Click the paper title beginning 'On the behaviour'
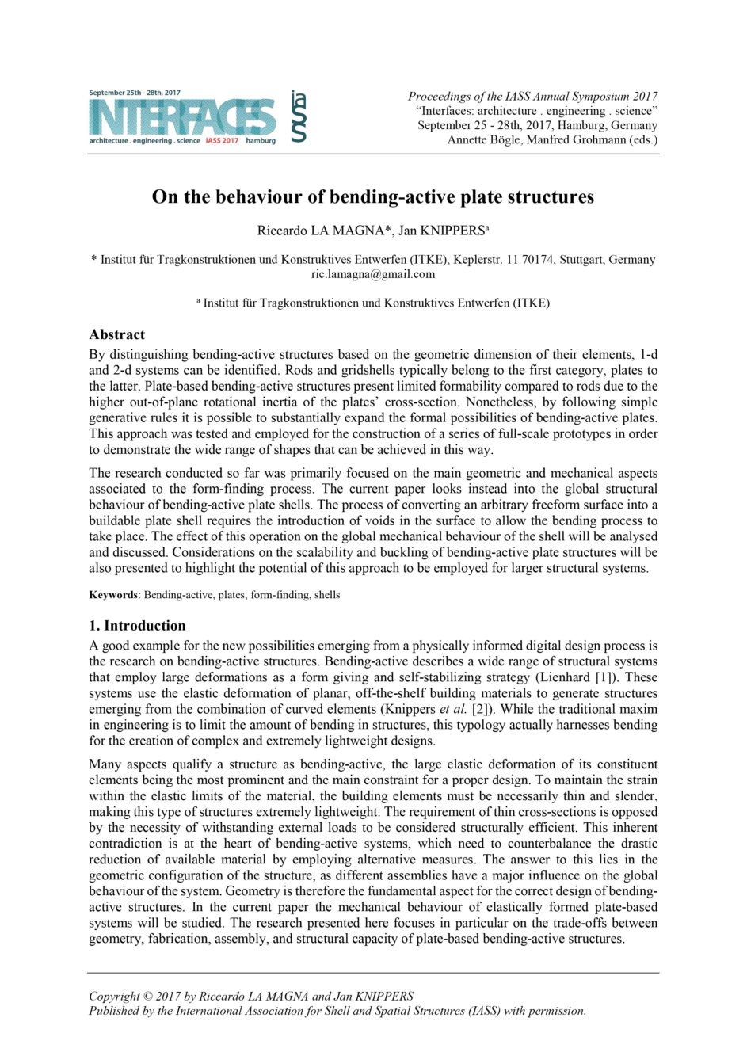373,196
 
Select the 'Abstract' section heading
117,334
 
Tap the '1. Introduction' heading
137,625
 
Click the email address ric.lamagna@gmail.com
373,274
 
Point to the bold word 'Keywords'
113,595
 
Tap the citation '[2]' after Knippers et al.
482,709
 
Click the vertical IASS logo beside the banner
299,116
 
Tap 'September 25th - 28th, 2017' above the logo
135,93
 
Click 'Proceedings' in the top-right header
440,97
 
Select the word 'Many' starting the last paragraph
105,764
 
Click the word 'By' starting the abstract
97,354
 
